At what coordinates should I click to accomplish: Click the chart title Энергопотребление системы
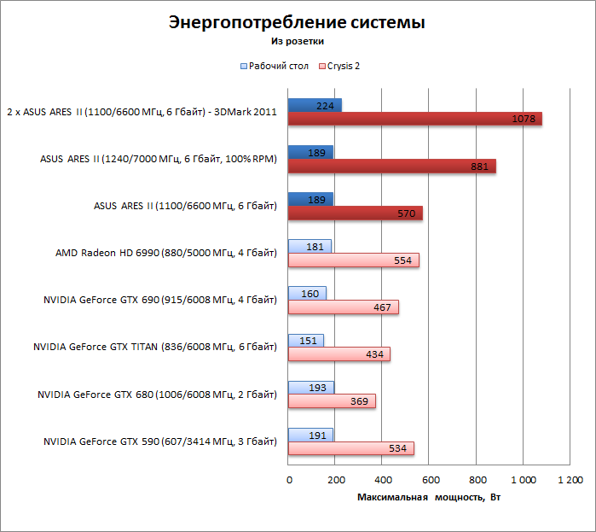point(297,22)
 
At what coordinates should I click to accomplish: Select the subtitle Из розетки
point(297,40)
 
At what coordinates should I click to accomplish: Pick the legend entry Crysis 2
point(343,66)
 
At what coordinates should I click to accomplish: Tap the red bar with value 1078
point(414,119)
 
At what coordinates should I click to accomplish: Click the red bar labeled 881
point(391,167)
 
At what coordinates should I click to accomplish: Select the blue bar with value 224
point(315,105)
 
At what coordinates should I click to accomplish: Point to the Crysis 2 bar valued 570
point(355,213)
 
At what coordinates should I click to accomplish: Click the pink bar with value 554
point(353,260)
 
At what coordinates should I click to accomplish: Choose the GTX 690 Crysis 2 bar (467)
point(343,307)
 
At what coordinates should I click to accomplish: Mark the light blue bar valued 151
point(306,341)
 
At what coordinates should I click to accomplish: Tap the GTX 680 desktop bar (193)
point(310,388)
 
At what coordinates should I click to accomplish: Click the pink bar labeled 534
point(350,448)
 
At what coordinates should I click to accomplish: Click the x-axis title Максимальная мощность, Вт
point(428,497)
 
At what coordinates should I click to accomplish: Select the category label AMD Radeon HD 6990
point(165,253)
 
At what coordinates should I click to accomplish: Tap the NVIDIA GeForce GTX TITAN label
point(154,348)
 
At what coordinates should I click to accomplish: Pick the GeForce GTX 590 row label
point(160,441)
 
